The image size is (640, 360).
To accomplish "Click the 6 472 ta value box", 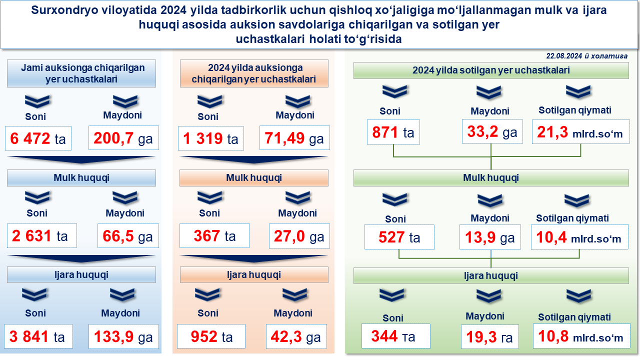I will click(x=38, y=138).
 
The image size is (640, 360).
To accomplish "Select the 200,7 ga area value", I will click(x=123, y=138).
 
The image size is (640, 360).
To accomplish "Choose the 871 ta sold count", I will click(x=393, y=132).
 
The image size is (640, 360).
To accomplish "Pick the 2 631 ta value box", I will click(x=42, y=235).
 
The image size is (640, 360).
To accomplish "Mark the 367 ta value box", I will click(x=214, y=235).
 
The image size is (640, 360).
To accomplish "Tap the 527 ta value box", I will click(x=399, y=237).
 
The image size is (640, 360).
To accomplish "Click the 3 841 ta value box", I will click(x=38, y=336).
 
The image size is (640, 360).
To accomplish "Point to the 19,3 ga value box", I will click(x=489, y=337).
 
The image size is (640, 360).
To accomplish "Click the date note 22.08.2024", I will click(x=586, y=56).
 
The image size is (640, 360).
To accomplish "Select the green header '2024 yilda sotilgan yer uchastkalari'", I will click(x=491, y=70).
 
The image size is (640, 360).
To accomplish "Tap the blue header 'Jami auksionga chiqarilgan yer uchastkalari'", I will click(x=81, y=73).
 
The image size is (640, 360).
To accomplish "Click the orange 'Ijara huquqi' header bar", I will click(x=254, y=275).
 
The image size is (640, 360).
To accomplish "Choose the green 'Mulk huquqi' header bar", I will click(x=491, y=178).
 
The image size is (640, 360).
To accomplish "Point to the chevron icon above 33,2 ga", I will click(x=488, y=92).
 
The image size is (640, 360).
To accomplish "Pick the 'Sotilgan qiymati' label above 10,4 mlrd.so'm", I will click(x=572, y=218).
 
